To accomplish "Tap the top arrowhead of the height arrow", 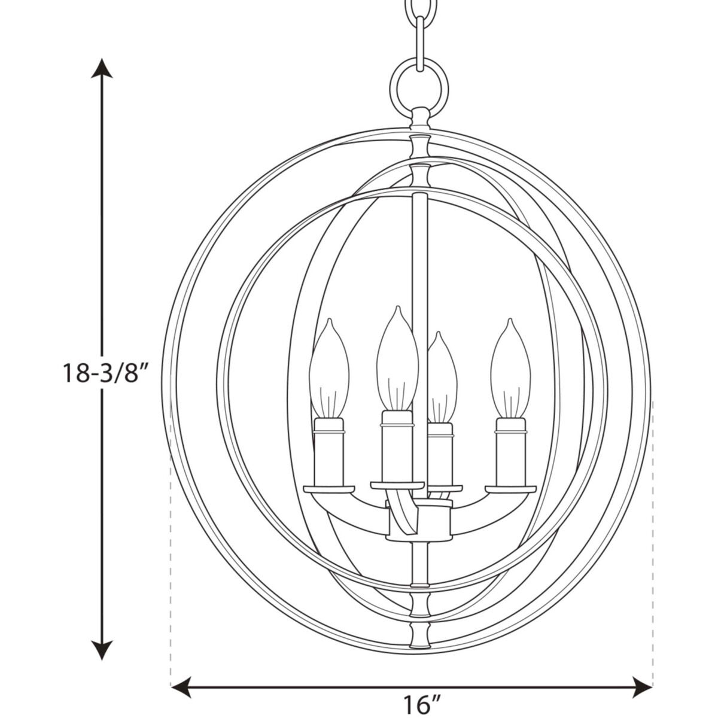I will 103,67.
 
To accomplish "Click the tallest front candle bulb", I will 397,359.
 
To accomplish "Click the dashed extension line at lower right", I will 652,538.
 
